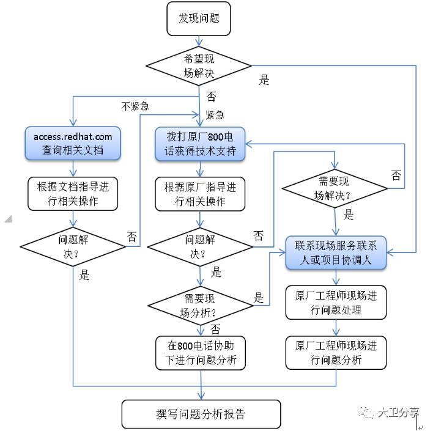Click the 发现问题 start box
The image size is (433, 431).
point(198,19)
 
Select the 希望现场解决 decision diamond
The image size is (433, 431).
point(198,65)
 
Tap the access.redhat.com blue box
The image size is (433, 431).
point(73,143)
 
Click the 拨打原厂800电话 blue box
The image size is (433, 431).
point(200,143)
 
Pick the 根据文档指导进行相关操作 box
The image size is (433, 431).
point(73,193)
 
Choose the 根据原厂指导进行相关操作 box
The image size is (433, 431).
point(200,193)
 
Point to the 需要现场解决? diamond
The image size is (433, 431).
point(335,188)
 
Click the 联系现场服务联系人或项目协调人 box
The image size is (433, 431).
point(336,252)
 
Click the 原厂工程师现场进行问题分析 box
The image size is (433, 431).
point(336,353)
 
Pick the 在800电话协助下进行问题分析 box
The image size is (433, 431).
point(200,353)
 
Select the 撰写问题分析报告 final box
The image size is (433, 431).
point(201,414)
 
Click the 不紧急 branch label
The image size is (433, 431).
point(135,106)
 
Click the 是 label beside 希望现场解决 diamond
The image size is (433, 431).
point(264,80)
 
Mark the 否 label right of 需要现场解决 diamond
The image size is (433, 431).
point(396,175)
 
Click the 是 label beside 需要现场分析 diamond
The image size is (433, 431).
point(259,298)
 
